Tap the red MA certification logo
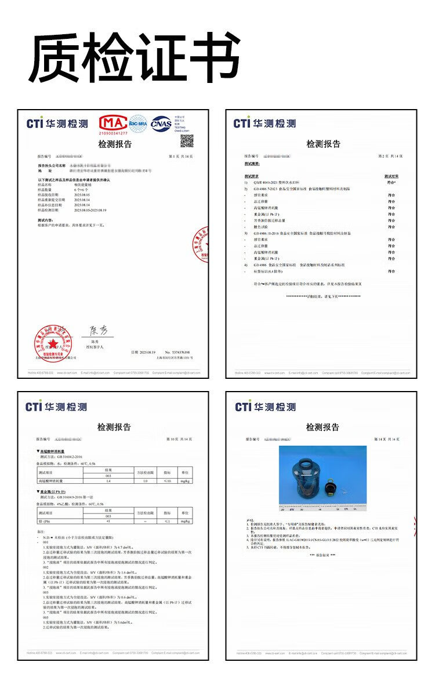click(x=113, y=124)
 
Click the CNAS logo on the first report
click(x=161, y=123)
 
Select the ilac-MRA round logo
click(x=138, y=123)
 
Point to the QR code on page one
click(x=187, y=140)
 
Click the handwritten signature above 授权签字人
click(x=97, y=331)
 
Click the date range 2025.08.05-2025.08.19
click(x=90, y=210)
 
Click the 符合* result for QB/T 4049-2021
click(x=391, y=182)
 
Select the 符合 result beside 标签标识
click(x=391, y=271)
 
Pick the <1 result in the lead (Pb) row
click(x=108, y=522)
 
